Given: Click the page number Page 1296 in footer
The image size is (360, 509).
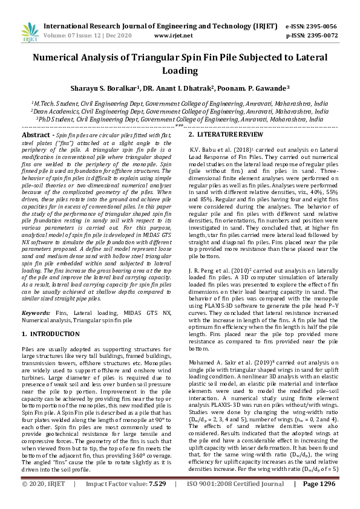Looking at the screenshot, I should pyautogui.click(x=318, y=501).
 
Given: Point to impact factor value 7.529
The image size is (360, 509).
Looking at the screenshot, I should pyautogui.click(x=157, y=501).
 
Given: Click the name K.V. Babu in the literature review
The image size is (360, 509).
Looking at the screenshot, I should pyautogui.click(x=204, y=148).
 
